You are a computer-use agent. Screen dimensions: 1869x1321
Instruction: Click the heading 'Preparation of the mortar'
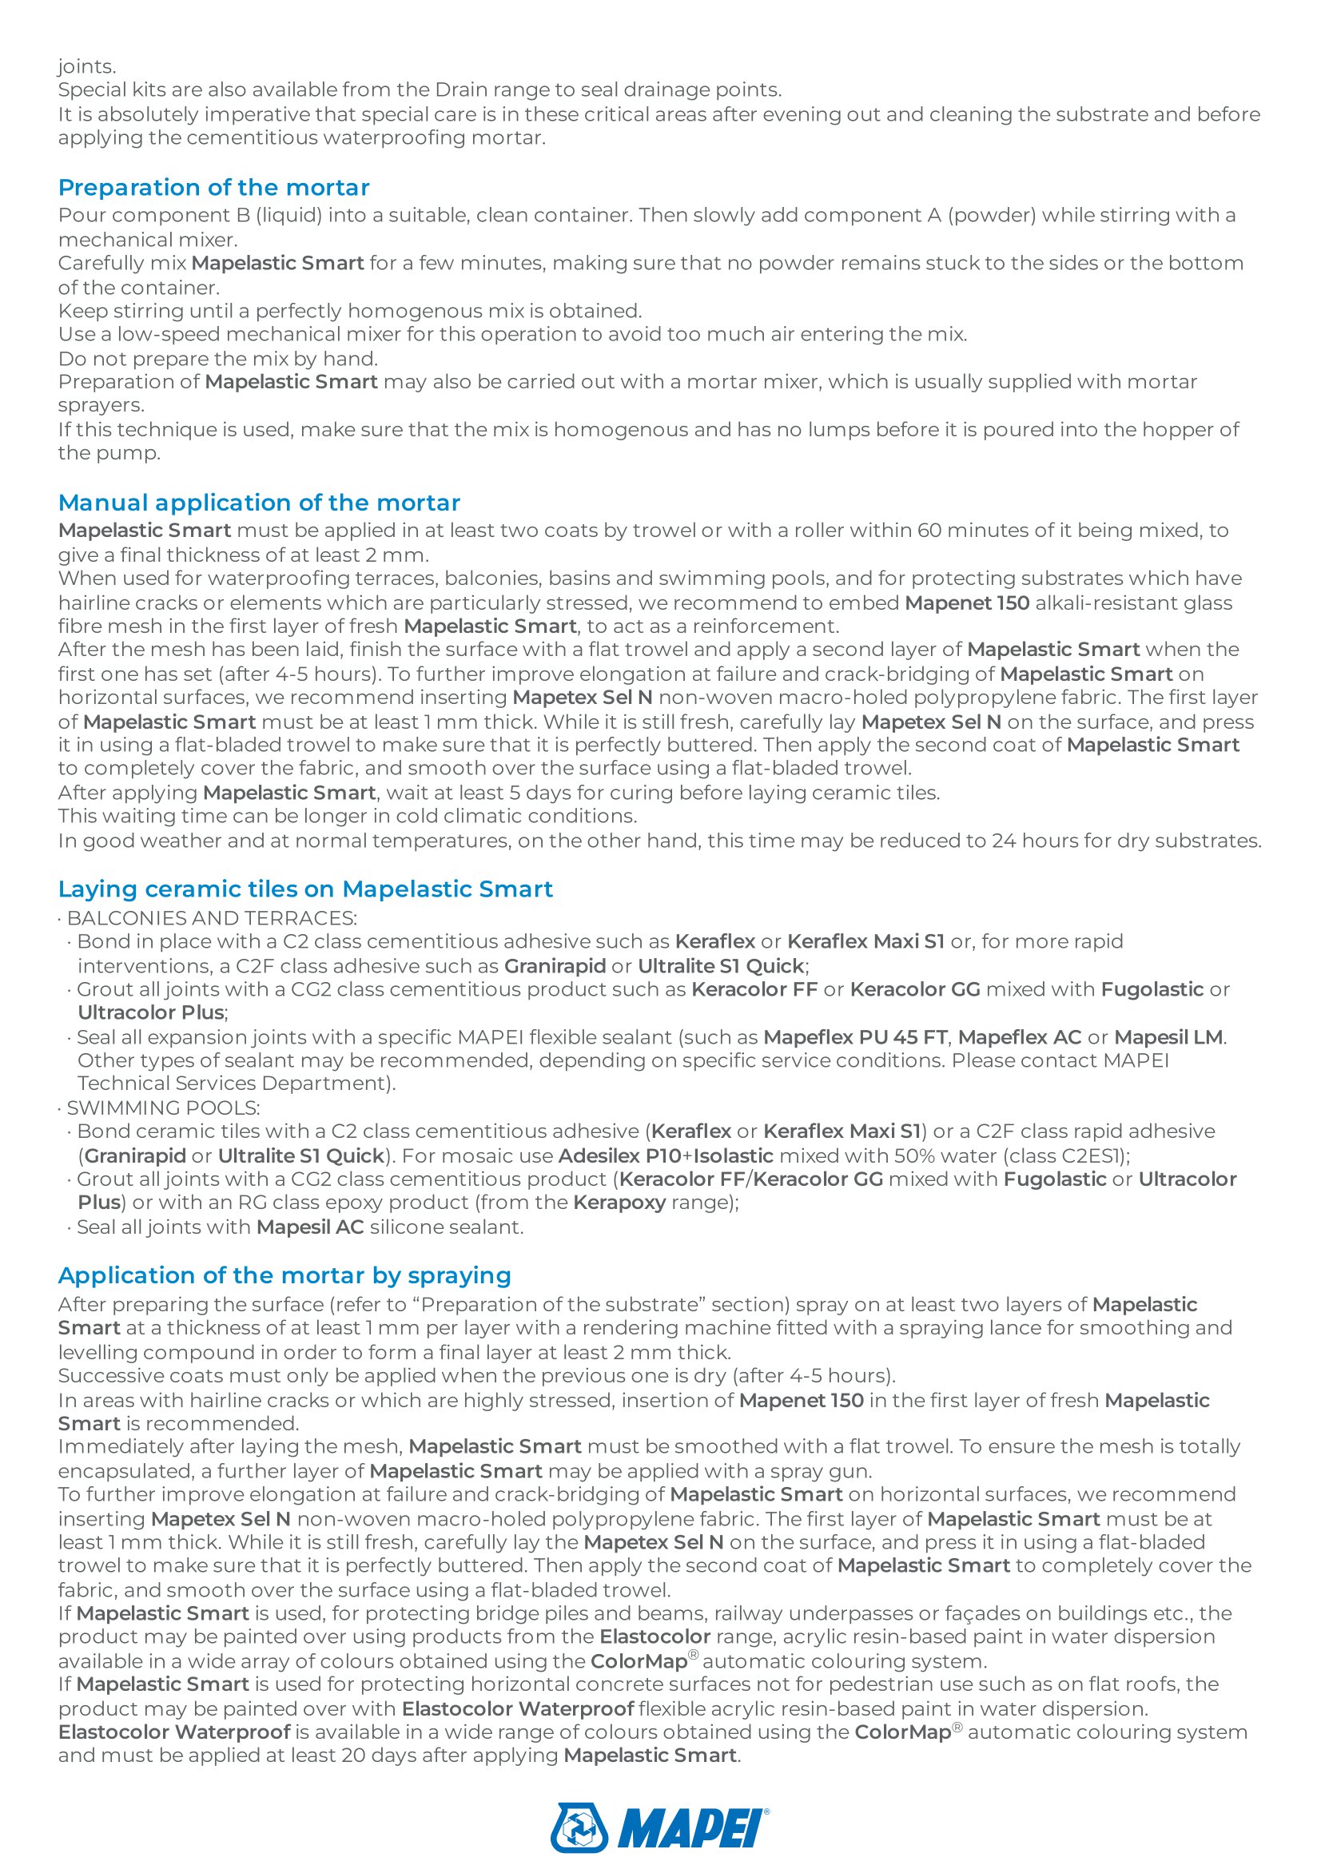click(213, 187)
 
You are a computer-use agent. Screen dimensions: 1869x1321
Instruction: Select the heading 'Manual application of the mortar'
click(259, 503)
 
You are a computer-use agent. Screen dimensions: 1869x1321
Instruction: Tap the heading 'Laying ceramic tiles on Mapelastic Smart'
click(305, 889)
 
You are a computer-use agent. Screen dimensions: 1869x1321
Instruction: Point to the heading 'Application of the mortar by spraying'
click(284, 1275)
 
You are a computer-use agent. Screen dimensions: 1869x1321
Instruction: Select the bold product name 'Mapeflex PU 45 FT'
click(855, 1037)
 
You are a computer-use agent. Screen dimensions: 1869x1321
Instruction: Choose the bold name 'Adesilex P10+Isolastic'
click(665, 1156)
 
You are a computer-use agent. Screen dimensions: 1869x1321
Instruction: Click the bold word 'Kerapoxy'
click(619, 1203)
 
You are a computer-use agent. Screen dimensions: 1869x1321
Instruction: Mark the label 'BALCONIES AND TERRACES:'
click(212, 918)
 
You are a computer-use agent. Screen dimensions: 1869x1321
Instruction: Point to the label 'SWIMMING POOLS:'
click(163, 1107)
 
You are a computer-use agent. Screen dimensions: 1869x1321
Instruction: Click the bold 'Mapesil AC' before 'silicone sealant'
click(310, 1227)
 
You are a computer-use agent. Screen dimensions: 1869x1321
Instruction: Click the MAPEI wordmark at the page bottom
click(692, 1828)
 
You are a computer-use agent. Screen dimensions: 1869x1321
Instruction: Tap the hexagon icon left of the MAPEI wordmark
click(579, 1828)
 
